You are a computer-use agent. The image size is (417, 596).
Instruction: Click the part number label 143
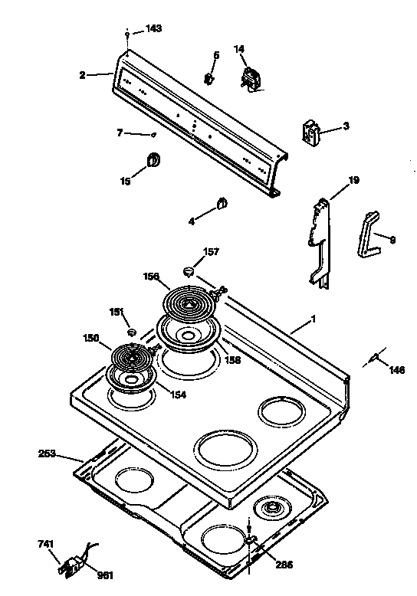[x=154, y=28]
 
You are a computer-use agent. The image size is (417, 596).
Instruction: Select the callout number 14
[x=239, y=50]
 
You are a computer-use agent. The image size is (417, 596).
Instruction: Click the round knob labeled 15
[x=153, y=159]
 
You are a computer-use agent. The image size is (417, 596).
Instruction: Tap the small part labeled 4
[x=221, y=203]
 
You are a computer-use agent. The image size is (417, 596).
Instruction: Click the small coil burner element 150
[x=133, y=357]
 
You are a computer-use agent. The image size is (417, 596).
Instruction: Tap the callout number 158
[x=232, y=359]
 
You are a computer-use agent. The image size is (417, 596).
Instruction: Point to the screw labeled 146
[x=376, y=358]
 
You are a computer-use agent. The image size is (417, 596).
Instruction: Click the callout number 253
[x=48, y=454]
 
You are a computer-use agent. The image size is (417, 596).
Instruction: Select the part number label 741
[x=47, y=544]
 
